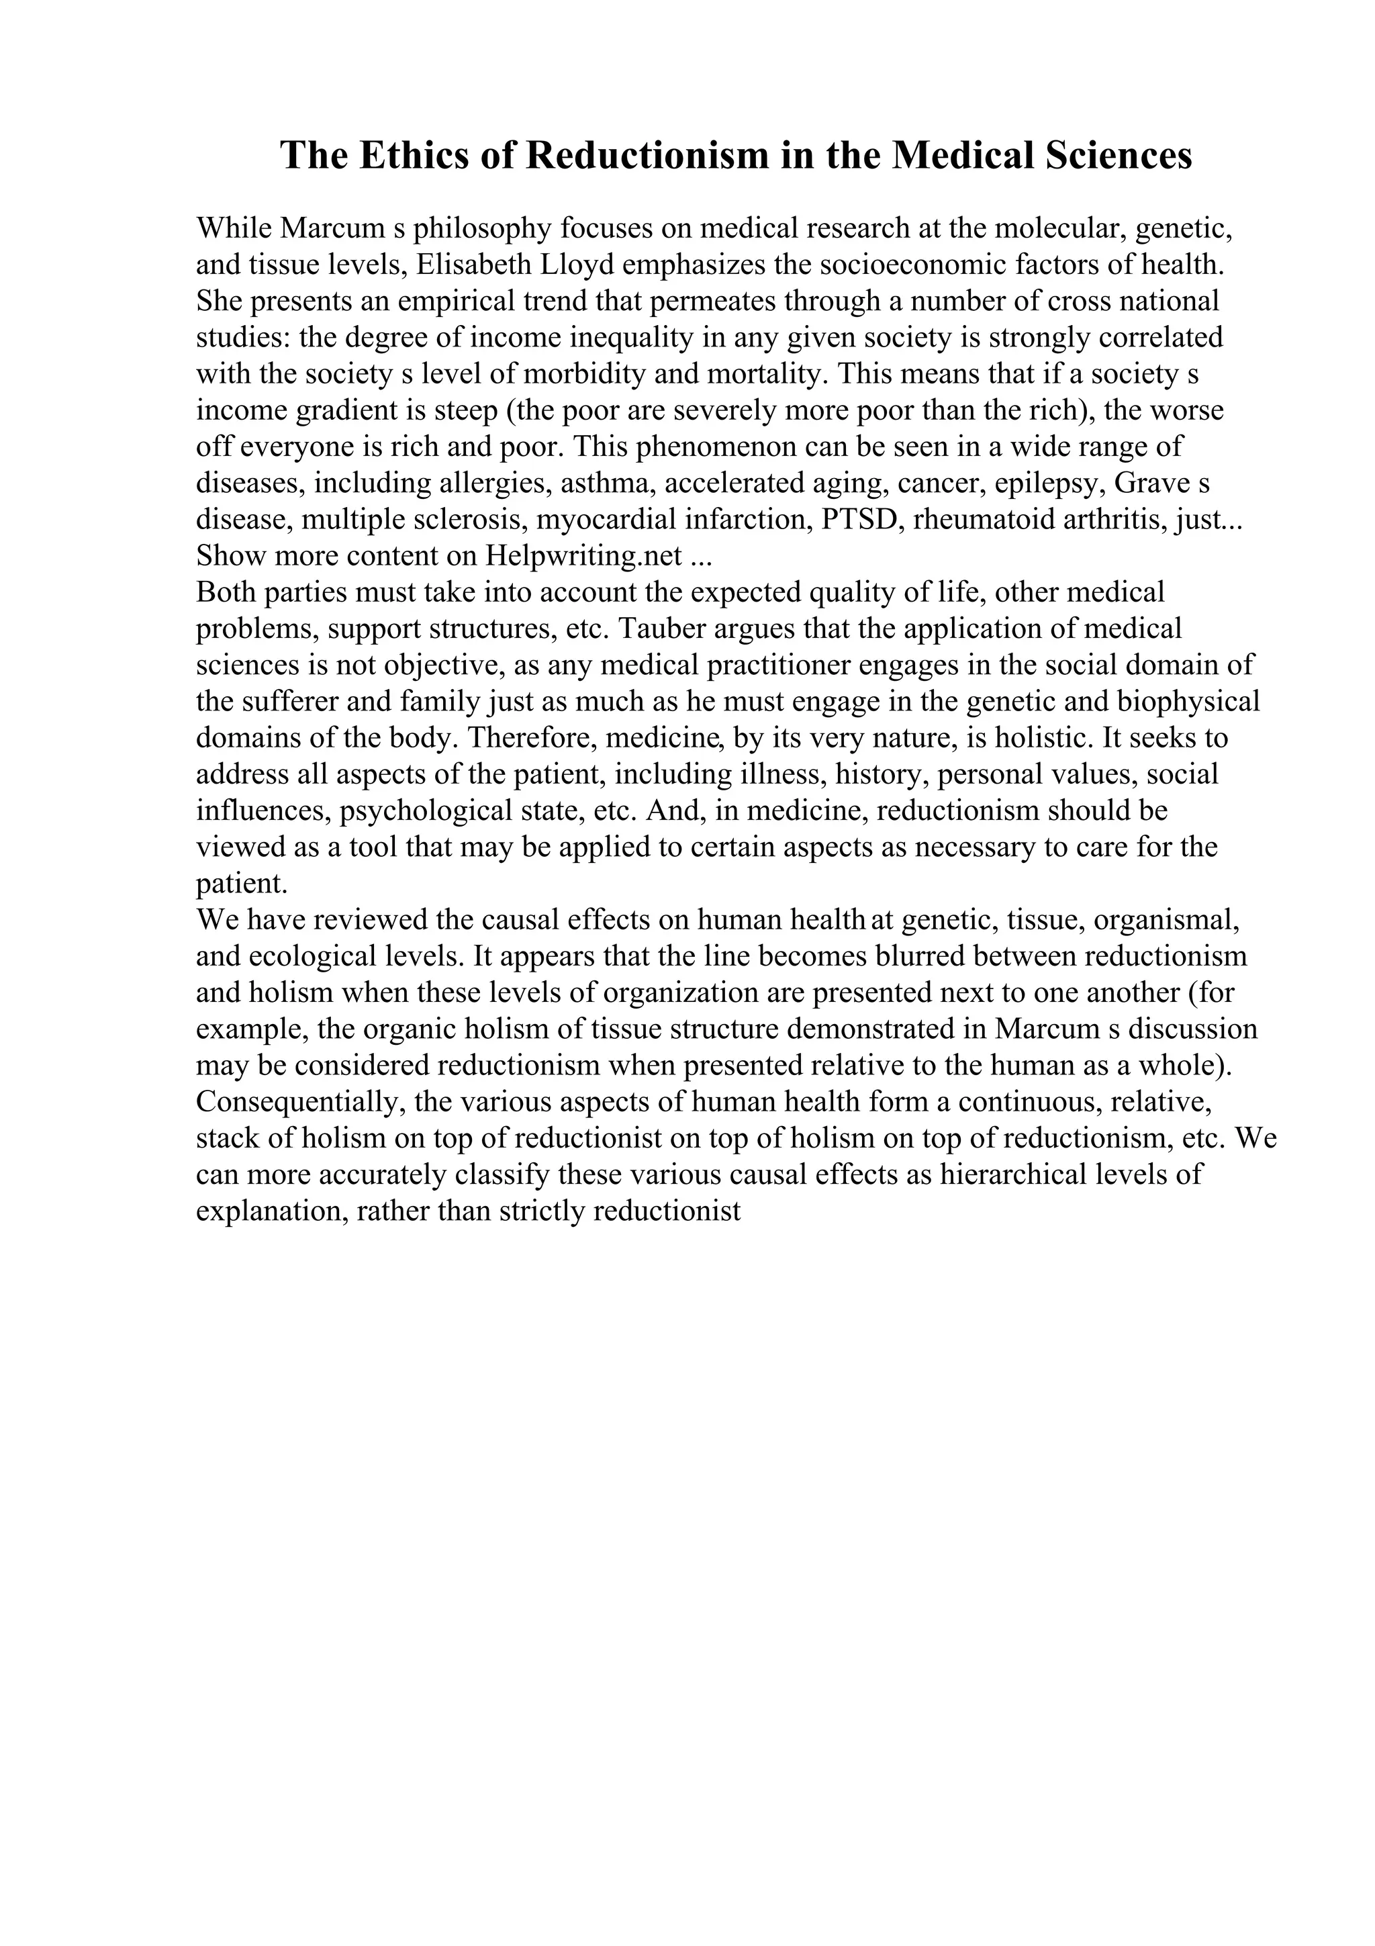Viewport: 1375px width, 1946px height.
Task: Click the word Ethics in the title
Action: click(x=409, y=156)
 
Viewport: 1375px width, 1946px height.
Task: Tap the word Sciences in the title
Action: click(x=1119, y=156)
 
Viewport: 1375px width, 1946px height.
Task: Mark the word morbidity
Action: click(x=596, y=375)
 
